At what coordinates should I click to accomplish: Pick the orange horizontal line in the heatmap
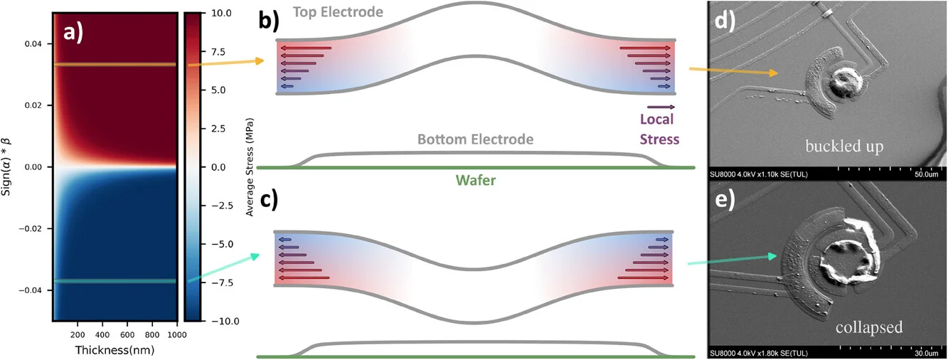point(114,65)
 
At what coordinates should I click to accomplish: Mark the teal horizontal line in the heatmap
point(114,281)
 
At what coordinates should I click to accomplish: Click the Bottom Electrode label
point(475,139)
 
